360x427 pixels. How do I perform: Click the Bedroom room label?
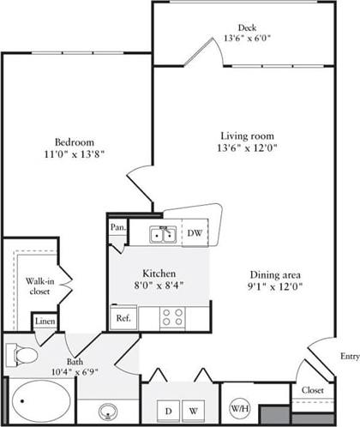pyautogui.click(x=74, y=141)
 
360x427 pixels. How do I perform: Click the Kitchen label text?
pyautogui.click(x=159, y=273)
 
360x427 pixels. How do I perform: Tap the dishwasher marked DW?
pyautogui.click(x=195, y=232)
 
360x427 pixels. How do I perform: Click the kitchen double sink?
pyautogui.click(x=162, y=234)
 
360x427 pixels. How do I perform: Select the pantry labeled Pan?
pyautogui.click(x=117, y=227)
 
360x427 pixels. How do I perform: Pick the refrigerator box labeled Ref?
pyautogui.click(x=122, y=316)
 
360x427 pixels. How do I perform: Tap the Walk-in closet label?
pyautogui.click(x=37, y=286)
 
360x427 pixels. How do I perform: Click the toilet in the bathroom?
pyautogui.click(x=21, y=355)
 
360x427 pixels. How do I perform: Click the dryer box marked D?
pyautogui.click(x=168, y=409)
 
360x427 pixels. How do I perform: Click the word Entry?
pyautogui.click(x=349, y=356)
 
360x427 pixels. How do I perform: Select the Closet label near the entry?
pyautogui.click(x=313, y=390)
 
